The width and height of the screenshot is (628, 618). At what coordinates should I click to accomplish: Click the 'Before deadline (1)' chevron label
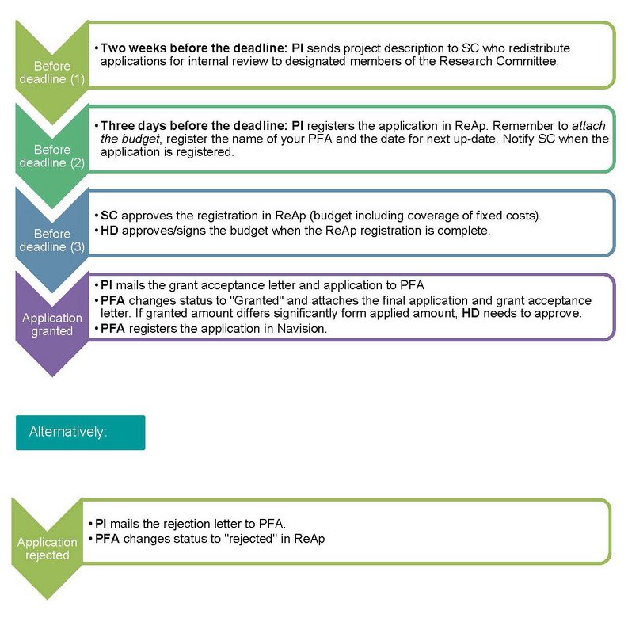52,73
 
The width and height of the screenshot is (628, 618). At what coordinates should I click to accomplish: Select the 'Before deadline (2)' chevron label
52,156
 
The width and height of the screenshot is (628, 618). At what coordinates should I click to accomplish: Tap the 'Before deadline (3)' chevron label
52,240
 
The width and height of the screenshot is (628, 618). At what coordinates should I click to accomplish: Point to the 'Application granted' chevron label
52,324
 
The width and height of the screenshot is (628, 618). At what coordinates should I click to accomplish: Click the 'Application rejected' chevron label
48,548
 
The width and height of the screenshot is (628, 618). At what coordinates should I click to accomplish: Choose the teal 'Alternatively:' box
81,433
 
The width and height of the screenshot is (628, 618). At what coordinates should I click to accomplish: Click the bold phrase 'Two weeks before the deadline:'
194,48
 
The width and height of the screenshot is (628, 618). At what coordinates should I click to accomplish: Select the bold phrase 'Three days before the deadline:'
194,126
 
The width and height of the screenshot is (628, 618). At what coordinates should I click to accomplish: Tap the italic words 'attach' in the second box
588,126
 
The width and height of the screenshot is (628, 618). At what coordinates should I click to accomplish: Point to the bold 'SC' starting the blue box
109,216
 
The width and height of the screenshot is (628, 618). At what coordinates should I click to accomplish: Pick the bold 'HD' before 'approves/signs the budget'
109,231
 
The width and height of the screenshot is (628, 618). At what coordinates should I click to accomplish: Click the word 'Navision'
301,329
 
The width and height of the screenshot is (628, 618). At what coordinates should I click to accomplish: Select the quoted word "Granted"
257,300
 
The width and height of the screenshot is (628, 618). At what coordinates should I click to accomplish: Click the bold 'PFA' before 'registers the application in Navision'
112,329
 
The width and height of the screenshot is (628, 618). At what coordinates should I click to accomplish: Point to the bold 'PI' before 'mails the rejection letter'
101,524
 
